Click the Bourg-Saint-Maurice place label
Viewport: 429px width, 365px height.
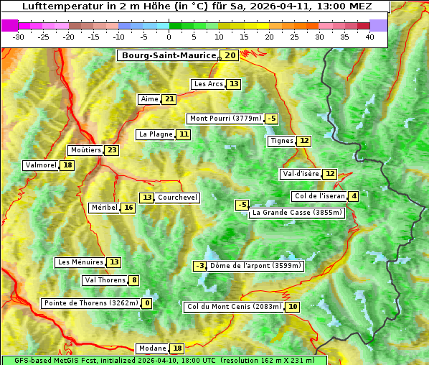tap(169, 55)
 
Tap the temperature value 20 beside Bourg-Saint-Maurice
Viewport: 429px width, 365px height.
tap(230, 55)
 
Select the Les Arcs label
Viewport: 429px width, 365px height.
tap(209, 84)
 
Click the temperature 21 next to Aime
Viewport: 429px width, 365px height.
tap(169, 99)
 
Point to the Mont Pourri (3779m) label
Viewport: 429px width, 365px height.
tap(225, 119)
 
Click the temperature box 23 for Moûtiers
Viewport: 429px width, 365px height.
tap(111, 150)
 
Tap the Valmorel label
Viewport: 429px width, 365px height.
tap(40, 165)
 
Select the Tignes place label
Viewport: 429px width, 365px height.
tap(281, 141)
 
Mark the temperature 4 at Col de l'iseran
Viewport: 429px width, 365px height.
tap(354, 197)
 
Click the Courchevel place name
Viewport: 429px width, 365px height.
tap(177, 198)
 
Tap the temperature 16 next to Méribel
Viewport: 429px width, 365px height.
tap(128, 208)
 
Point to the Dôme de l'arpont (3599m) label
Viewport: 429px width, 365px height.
tap(256, 266)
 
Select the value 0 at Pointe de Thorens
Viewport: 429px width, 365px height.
tap(147, 303)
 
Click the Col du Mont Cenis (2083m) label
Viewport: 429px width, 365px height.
tap(233, 307)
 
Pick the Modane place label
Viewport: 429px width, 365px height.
tap(151, 348)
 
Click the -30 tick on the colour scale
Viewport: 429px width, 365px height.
tap(19, 37)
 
